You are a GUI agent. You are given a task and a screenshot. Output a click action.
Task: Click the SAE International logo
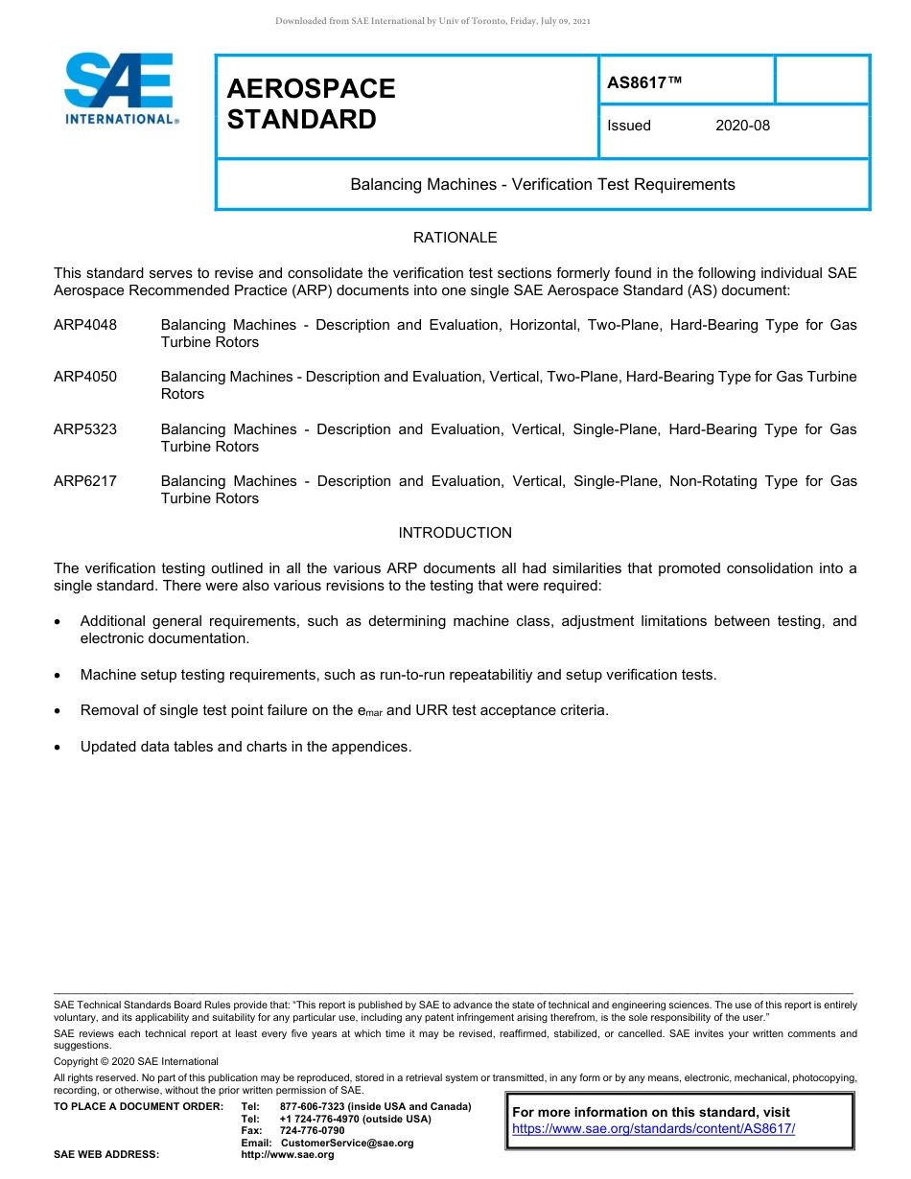pyautogui.click(x=120, y=89)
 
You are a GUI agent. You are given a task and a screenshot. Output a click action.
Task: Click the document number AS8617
pyautogui.click(x=644, y=82)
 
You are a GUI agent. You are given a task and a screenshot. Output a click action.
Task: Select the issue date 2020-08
pyautogui.click(x=742, y=126)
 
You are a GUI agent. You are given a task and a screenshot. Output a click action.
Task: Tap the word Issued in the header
pyautogui.click(x=628, y=126)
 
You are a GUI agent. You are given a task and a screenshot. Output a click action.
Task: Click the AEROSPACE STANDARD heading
pyautogui.click(x=311, y=104)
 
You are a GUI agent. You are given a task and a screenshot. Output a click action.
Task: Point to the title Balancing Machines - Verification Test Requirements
pyautogui.click(x=542, y=184)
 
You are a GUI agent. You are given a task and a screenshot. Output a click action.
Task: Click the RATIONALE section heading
pyautogui.click(x=455, y=238)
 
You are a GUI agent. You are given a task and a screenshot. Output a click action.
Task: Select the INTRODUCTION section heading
pyautogui.click(x=455, y=533)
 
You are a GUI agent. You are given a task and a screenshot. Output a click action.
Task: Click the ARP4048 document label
pyautogui.click(x=85, y=325)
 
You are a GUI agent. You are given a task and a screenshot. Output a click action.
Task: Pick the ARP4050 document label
pyautogui.click(x=85, y=377)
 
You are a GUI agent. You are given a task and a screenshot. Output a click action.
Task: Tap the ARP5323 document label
pyautogui.click(x=85, y=429)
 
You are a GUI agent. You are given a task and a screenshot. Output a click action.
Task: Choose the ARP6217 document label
pyautogui.click(x=85, y=481)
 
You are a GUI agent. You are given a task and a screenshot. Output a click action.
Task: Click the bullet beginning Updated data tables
pyautogui.click(x=245, y=747)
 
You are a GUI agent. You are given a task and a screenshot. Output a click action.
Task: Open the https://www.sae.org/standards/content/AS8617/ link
pyautogui.click(x=653, y=1128)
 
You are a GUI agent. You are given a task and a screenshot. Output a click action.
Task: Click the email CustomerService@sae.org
pyautogui.click(x=346, y=1143)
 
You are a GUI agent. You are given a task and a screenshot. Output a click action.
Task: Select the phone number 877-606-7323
pyautogui.click(x=312, y=1106)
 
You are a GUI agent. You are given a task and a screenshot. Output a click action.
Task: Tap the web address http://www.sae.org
pyautogui.click(x=287, y=1155)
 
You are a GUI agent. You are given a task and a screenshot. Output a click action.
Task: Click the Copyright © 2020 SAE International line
pyautogui.click(x=135, y=1061)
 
